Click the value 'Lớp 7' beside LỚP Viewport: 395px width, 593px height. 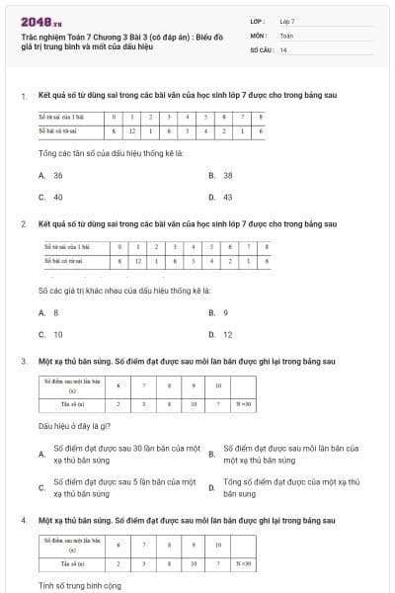coord(287,20)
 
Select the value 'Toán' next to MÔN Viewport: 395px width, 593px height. coord(286,35)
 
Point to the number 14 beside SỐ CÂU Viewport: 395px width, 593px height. coord(283,49)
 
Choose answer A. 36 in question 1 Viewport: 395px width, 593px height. coord(51,175)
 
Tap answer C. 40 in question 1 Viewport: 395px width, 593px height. coord(51,197)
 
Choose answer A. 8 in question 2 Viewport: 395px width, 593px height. coord(48,312)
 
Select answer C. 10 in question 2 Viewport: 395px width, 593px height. coord(51,334)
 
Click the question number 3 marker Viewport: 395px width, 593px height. coord(23,362)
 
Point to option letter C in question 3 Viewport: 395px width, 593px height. coord(41,487)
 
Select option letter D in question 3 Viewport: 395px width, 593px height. coord(211,487)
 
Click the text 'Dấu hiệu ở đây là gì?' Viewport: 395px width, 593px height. coord(80,429)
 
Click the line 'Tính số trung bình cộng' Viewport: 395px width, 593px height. coord(79,586)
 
